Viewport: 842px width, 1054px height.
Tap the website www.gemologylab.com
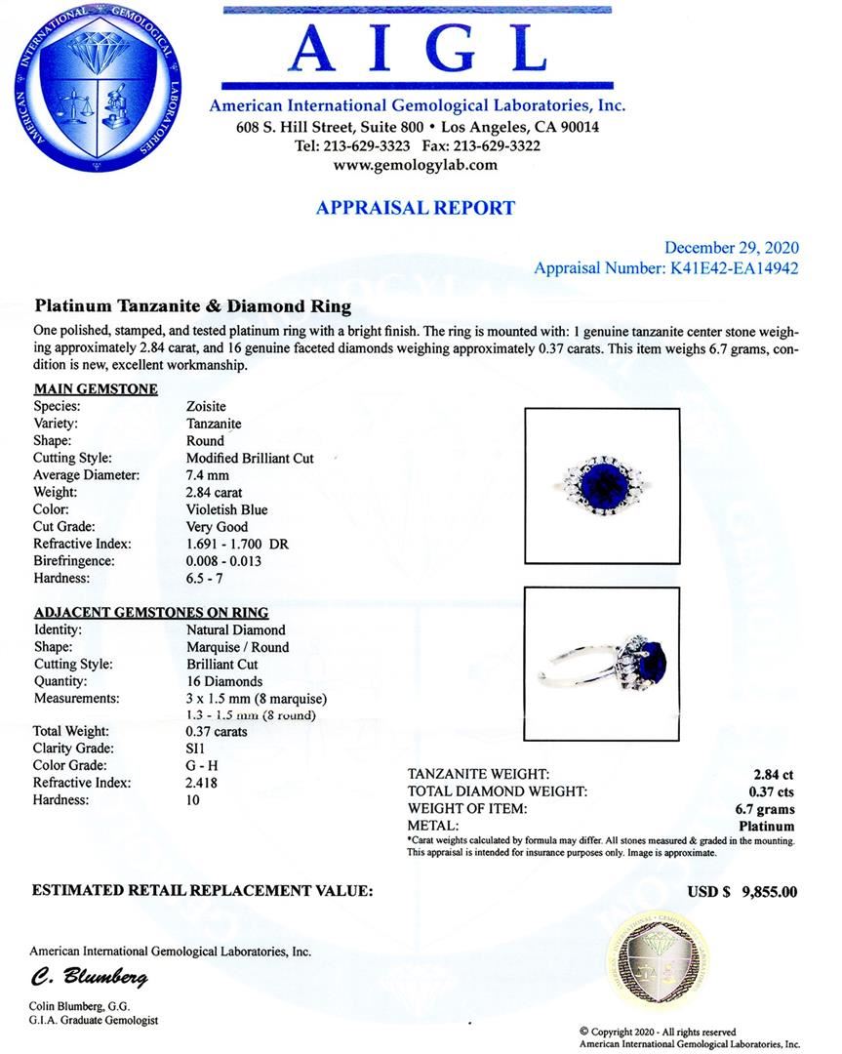416,165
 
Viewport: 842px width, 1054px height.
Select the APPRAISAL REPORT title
416,208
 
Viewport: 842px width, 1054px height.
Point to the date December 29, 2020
731,248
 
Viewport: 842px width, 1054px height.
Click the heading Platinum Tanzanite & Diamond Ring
193,306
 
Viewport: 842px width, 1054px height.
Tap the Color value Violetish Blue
226,509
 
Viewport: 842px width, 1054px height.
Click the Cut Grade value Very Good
217,527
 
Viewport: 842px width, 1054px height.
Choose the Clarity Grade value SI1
195,749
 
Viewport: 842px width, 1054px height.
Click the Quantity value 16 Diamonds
223,681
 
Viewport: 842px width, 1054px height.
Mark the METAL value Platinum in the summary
766,826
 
